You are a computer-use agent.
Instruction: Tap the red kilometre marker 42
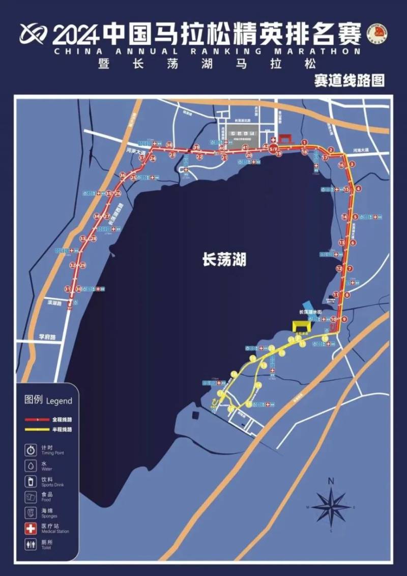265,147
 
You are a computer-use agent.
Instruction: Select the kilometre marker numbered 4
358,188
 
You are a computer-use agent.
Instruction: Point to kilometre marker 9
344,319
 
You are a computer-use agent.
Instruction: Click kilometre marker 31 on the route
67,289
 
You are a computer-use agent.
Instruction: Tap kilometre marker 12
339,268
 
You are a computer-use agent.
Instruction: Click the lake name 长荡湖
224,260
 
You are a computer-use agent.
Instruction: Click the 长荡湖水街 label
310,312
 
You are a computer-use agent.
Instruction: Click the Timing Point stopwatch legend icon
32,450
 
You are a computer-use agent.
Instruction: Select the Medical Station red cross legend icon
32,529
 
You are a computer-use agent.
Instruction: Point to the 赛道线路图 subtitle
349,80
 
